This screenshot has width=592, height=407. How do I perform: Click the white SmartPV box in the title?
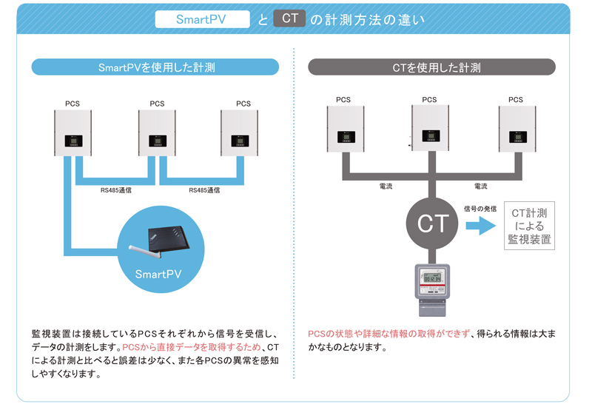coord(201,18)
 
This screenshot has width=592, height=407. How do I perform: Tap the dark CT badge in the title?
coord(289,18)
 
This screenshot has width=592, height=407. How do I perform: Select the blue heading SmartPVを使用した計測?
coord(155,67)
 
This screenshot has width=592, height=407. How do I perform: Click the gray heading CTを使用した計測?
coord(436,67)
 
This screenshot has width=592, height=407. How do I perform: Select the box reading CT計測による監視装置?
coord(529,226)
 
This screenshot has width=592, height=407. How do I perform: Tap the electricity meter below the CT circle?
coord(431,283)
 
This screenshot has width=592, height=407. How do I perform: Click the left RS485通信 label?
coord(118,190)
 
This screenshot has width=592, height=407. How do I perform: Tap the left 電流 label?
coord(385,186)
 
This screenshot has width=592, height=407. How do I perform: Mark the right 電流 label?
coord(480,186)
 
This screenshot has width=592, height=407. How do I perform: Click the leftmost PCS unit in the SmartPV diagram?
coord(73,132)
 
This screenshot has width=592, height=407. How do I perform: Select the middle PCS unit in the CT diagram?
coord(429,129)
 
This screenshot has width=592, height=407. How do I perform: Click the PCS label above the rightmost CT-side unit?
coord(516,100)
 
